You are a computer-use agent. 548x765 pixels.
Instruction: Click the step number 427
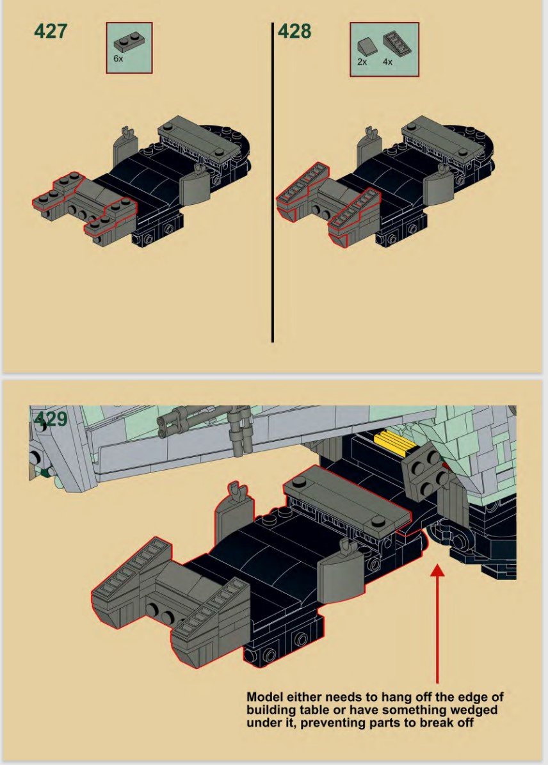pyautogui.click(x=51, y=31)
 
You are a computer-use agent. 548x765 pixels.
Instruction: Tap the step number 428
pyautogui.click(x=294, y=31)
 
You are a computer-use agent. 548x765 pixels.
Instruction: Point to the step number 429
pyautogui.click(x=51, y=419)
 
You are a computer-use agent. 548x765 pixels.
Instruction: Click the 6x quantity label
pyautogui.click(x=118, y=58)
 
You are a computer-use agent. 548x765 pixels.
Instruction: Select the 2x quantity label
pyautogui.click(x=362, y=62)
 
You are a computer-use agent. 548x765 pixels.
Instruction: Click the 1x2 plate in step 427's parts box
pyautogui.click(x=129, y=42)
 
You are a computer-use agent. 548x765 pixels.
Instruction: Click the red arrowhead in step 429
pyautogui.click(x=438, y=570)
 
